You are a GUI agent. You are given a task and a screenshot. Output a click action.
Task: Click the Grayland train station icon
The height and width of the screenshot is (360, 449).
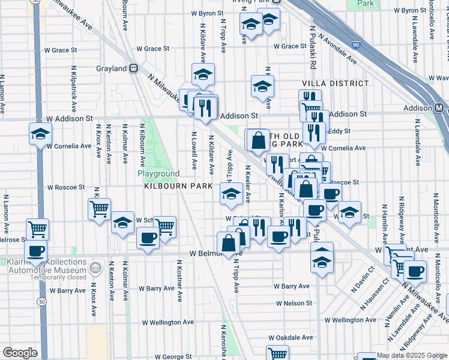135,68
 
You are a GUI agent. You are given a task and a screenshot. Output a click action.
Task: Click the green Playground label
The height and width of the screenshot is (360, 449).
158,174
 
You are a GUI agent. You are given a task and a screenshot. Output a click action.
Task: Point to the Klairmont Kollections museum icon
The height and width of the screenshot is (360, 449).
94,266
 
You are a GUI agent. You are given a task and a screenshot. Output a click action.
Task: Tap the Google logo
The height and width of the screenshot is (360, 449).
20,353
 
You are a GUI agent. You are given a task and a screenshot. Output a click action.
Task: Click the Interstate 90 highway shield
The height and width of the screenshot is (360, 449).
356,45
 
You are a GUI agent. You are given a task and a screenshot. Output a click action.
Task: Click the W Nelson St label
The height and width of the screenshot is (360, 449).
294,303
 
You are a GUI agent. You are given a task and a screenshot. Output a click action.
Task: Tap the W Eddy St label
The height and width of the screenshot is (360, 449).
339,131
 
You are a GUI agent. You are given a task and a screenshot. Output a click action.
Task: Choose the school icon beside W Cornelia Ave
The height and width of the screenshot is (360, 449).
40,133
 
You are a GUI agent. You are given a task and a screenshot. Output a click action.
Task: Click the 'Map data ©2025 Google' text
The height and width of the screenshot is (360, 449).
412,355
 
